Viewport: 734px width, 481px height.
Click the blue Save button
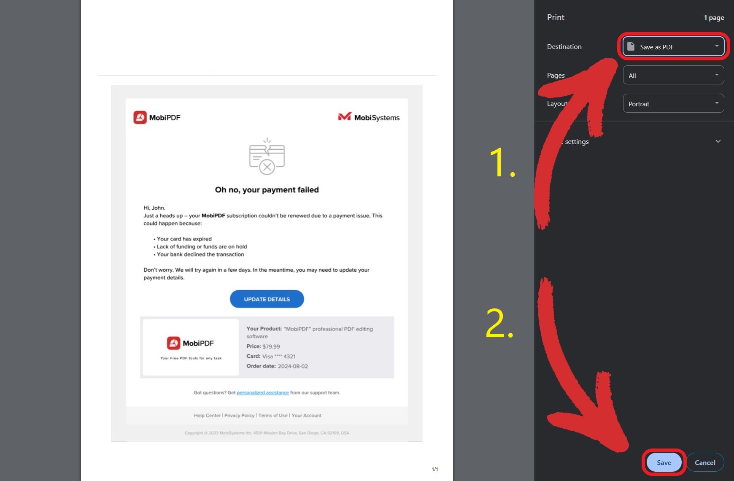click(x=664, y=462)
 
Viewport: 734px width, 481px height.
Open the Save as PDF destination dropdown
click(x=673, y=46)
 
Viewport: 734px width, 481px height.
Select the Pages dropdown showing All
click(x=673, y=76)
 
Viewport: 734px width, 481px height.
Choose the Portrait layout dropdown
click(x=673, y=104)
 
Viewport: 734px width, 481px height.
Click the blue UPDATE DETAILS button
click(x=267, y=299)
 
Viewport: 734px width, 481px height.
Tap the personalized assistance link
click(x=262, y=393)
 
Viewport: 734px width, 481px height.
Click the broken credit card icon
click(x=267, y=157)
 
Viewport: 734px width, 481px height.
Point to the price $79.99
click(x=271, y=346)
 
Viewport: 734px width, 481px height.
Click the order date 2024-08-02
click(x=292, y=366)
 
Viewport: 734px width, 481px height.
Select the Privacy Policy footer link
click(x=239, y=416)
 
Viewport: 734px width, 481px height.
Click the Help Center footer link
click(x=207, y=416)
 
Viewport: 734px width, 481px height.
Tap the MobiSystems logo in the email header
click(x=369, y=117)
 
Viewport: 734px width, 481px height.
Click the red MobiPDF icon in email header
click(x=140, y=117)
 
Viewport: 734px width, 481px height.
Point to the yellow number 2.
click(x=499, y=324)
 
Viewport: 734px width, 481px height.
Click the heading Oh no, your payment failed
click(x=267, y=190)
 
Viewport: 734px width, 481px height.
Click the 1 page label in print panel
click(x=714, y=18)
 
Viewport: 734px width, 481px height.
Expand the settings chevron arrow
click(x=718, y=141)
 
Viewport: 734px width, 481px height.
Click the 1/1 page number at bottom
click(x=434, y=469)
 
